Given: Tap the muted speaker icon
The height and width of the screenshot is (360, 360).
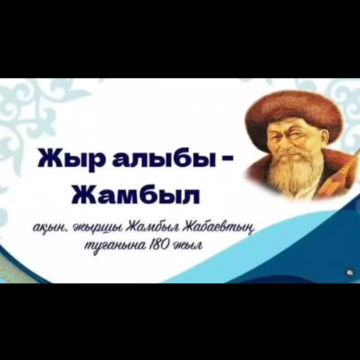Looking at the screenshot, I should click(x=350, y=273).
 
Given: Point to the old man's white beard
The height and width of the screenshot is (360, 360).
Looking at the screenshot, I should click(x=292, y=175).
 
